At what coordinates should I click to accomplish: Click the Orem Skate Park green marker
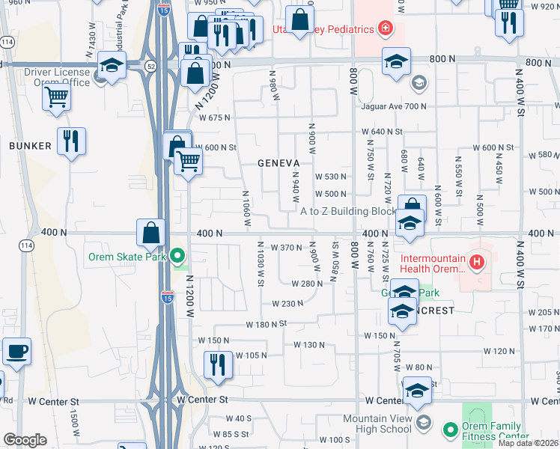(x=177, y=257)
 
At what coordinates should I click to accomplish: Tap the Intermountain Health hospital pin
(x=477, y=262)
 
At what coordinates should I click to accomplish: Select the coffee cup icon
(x=16, y=352)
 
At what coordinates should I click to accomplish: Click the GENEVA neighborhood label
(x=279, y=162)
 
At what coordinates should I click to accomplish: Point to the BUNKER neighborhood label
(x=31, y=146)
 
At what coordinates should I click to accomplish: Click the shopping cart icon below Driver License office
(x=56, y=97)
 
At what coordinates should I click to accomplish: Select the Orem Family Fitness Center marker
(x=450, y=430)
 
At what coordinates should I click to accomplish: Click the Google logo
(x=25, y=440)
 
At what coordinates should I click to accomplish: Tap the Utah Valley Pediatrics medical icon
(x=385, y=29)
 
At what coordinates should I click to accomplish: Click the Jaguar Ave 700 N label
(x=394, y=106)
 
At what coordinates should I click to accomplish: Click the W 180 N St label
(x=267, y=325)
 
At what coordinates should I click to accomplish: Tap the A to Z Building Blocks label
(x=349, y=211)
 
